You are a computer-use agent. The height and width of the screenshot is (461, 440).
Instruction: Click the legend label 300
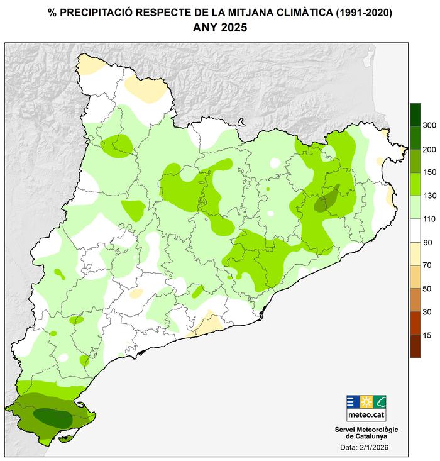(x=429, y=126)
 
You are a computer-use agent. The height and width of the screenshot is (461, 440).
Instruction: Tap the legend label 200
(x=429, y=149)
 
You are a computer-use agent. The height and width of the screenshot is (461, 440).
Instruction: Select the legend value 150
(x=429, y=172)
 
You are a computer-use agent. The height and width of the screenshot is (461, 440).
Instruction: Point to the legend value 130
(x=429, y=196)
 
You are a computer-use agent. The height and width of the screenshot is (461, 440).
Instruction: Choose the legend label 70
(x=427, y=265)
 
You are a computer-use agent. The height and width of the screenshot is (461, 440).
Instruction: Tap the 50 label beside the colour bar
(x=427, y=289)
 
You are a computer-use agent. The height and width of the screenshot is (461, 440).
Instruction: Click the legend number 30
(x=427, y=312)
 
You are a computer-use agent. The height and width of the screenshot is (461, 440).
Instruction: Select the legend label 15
(x=427, y=335)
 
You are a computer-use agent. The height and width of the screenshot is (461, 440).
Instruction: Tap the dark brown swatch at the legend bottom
(x=415, y=347)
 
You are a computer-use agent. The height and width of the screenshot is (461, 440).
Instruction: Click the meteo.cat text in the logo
(x=366, y=416)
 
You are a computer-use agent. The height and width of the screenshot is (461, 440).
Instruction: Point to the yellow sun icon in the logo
(x=366, y=402)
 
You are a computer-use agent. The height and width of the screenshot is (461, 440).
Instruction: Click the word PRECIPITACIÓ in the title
(x=98, y=13)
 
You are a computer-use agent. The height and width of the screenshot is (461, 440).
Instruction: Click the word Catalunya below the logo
(x=366, y=436)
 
